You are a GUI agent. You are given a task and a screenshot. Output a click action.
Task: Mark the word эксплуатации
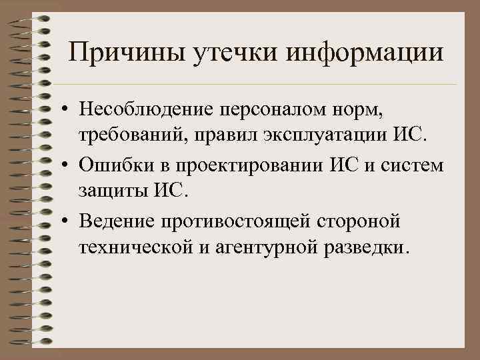tap(320, 137)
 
